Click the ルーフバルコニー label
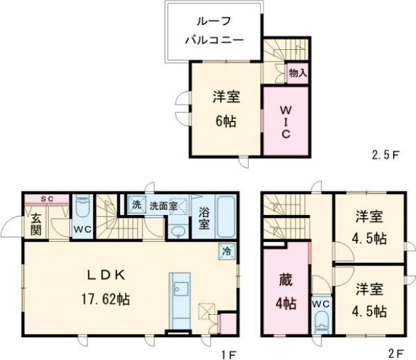(x=214, y=31)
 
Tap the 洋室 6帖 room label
(x=225, y=108)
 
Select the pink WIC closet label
(x=285, y=121)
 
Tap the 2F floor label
(x=396, y=354)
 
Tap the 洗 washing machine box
(x=137, y=205)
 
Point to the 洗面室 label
(x=164, y=206)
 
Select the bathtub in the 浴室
(x=227, y=216)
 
